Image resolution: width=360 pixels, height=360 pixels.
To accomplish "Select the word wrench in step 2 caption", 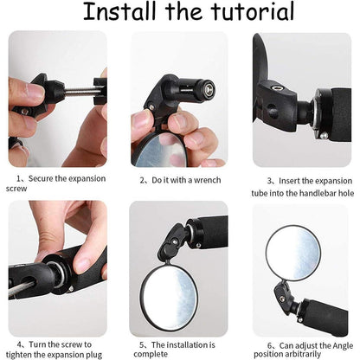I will [x=210, y=180].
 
